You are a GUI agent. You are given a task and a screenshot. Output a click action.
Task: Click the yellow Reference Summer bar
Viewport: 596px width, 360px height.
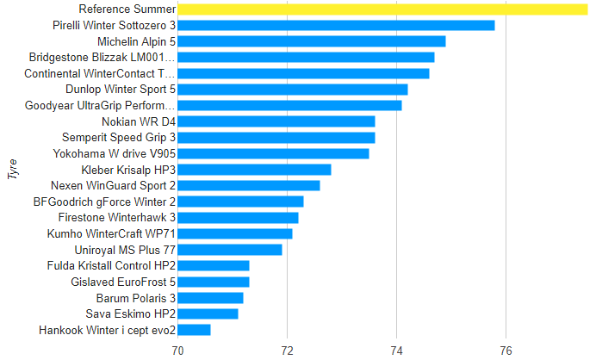382,9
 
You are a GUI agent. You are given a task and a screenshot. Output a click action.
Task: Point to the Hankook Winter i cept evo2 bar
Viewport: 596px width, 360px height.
194,330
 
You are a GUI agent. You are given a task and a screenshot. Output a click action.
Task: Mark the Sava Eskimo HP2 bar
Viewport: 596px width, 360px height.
208,313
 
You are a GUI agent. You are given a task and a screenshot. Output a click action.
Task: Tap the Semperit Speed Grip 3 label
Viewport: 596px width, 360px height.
119,138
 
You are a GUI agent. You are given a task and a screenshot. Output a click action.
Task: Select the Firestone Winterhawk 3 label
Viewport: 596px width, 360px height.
117,218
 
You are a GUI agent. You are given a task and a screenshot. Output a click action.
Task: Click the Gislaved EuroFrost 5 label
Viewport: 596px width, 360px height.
123,282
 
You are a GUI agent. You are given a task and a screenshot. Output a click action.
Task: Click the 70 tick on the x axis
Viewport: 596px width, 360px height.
177,350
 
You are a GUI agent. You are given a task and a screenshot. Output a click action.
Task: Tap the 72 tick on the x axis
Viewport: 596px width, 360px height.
287,350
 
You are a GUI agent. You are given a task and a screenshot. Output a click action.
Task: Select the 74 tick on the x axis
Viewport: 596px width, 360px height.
396,350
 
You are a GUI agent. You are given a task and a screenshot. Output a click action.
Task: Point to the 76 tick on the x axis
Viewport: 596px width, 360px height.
506,350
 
